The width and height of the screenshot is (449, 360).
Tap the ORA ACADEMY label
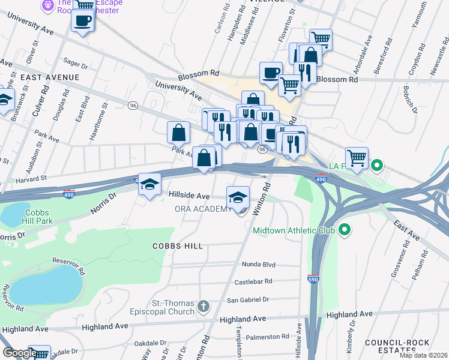[x=203, y=209]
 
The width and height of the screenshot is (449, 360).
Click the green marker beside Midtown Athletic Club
[x=345, y=230]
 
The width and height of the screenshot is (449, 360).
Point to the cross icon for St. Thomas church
[x=203, y=307]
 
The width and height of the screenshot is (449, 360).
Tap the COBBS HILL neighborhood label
[x=177, y=246]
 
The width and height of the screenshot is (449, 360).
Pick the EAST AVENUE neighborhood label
[x=49, y=77]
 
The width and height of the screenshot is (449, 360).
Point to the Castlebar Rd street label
[x=253, y=281]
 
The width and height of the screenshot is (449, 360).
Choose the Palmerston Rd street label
[x=264, y=337]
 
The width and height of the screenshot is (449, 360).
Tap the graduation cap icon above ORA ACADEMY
[x=238, y=196]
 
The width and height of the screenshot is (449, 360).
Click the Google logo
[x=20, y=353]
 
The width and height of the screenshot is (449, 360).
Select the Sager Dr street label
[x=76, y=62]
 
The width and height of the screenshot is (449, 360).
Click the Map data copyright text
[x=423, y=355]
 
